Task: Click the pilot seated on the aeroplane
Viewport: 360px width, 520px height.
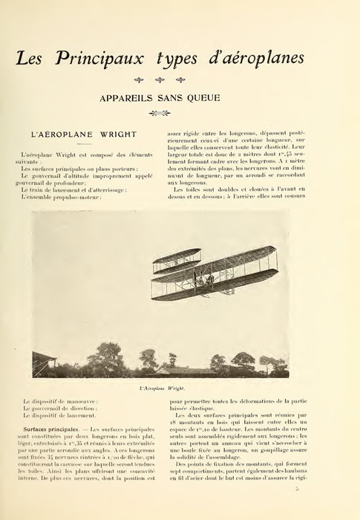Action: pyautogui.click(x=210, y=278)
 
